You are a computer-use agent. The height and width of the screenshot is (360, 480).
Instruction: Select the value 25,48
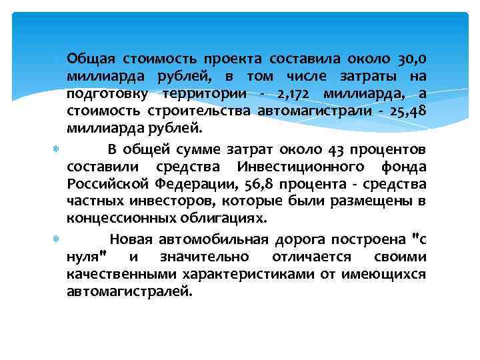point(408,110)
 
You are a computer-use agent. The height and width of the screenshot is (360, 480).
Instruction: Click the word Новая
point(130,239)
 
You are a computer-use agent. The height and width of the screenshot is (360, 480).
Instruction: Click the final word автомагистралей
point(129,292)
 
